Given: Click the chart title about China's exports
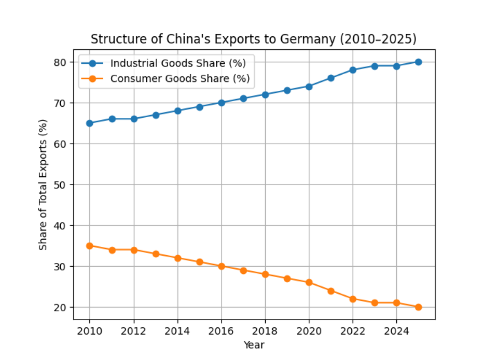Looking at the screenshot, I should [254, 39].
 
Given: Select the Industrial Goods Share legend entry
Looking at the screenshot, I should [178, 63].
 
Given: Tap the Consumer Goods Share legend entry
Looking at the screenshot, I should [180, 79].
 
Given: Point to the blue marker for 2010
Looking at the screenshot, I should [90, 123].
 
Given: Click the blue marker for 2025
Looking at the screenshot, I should [418, 62].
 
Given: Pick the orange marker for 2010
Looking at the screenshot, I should [90, 246].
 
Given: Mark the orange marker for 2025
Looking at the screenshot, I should [418, 307].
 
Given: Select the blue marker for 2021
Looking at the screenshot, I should [330, 78].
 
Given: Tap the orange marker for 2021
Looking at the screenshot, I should [330, 291].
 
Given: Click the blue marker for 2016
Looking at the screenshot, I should [221, 103].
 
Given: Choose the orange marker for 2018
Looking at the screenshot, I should [265, 274].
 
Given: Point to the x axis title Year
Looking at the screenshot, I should [254, 344].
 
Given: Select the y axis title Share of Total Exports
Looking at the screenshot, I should [44, 185].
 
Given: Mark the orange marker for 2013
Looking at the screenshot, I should [156, 254].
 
